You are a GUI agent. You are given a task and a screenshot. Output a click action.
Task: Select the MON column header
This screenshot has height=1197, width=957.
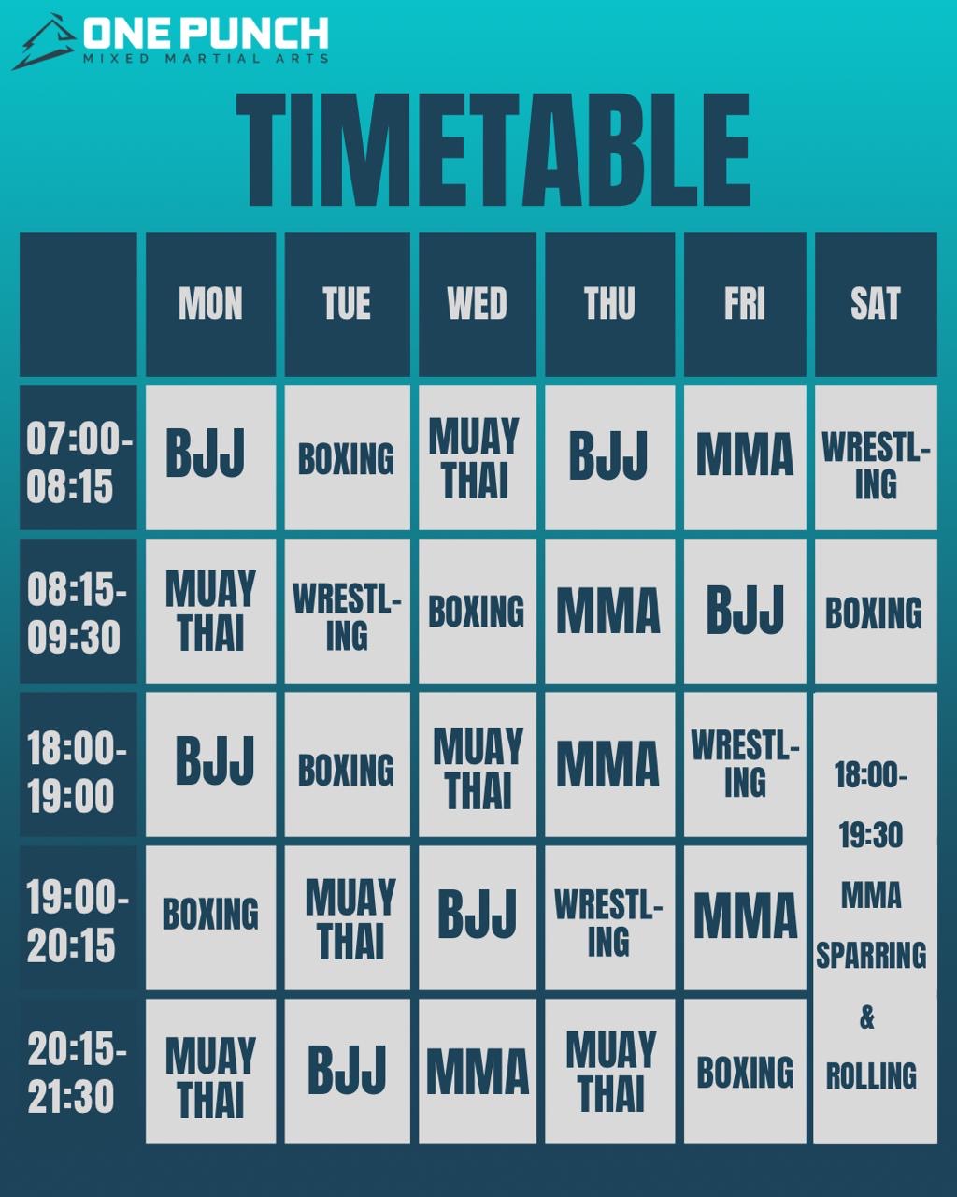211,304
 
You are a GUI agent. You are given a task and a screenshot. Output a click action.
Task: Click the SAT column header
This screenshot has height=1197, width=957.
876,304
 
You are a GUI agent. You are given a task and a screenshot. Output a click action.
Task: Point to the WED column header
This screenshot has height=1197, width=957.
478,304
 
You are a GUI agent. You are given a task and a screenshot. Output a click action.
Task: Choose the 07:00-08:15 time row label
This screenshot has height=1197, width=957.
79,457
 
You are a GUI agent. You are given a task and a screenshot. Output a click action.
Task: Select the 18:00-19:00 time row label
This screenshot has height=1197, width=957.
79,764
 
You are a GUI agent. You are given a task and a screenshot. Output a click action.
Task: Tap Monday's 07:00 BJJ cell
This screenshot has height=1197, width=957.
211,457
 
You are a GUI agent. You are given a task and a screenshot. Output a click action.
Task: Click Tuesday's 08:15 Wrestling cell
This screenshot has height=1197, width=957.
347,611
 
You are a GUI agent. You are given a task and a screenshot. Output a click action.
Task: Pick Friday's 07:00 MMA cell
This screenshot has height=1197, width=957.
745,457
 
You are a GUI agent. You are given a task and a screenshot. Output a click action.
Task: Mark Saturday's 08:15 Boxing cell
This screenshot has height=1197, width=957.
876,611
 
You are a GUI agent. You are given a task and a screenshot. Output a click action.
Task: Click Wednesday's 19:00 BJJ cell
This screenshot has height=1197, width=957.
478,917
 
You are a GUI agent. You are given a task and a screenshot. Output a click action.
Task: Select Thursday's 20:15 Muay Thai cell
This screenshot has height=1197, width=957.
610,1071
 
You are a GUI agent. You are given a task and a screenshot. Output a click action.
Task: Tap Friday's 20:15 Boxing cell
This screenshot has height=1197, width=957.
745,1071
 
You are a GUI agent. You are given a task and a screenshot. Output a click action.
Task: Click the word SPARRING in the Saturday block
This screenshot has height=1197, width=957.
871,956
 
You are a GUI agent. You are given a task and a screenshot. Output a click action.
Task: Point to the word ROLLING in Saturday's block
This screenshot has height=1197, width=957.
871,1075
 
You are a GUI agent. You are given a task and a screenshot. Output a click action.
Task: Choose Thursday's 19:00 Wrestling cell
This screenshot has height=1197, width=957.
610,917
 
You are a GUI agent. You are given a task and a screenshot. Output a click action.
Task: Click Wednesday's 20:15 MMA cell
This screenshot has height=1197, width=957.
478,1071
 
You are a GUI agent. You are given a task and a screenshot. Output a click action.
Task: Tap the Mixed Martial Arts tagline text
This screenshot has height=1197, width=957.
206,58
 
